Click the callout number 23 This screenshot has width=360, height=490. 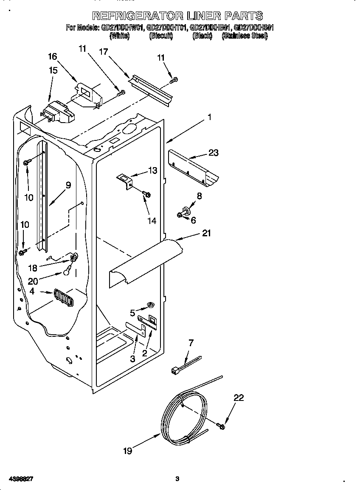[213, 153]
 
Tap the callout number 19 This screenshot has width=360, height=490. [128, 451]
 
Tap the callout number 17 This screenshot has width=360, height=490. [103, 51]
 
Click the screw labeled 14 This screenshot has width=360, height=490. [147, 194]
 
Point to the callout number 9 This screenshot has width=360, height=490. [68, 185]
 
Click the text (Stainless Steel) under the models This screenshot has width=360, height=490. [245, 36]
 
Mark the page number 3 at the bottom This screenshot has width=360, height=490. [177, 479]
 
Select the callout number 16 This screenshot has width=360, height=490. [52, 56]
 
